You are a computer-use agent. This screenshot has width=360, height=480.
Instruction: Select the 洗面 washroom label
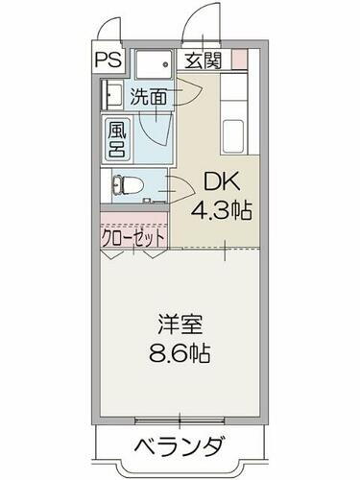[149, 96]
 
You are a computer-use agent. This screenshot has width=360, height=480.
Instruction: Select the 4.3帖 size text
[222, 209]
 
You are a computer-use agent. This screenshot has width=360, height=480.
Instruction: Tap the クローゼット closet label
[133, 235]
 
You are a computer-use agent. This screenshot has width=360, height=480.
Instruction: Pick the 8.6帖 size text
[180, 351]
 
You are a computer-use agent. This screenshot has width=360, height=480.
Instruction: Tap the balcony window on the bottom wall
[180, 420]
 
